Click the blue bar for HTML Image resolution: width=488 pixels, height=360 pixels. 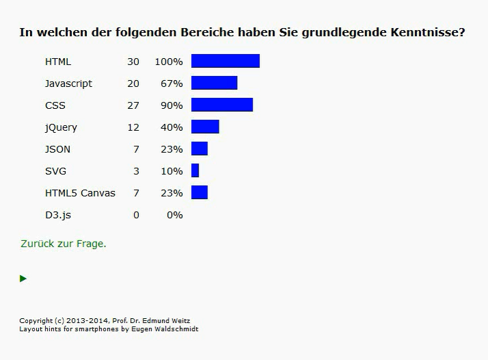(225, 61)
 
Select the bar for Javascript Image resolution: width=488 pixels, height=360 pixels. (214, 83)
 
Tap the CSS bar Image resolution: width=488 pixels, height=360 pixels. (222, 105)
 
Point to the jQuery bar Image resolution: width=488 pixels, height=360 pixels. (205, 127)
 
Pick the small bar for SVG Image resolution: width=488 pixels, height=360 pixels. (195, 170)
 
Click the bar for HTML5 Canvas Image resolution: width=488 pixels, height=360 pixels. (199, 192)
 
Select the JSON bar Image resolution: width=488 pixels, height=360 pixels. (199, 149)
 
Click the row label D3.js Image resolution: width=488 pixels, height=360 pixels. (58, 215)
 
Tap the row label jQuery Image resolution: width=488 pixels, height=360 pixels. (61, 127)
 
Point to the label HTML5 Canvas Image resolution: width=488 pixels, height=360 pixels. (80, 193)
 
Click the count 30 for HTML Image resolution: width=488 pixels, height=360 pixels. (133, 62)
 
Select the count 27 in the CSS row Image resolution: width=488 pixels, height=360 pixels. (133, 105)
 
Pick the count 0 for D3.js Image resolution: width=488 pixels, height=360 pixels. (136, 215)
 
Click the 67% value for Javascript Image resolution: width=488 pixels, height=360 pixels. (172, 83)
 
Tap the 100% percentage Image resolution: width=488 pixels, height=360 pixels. (168, 62)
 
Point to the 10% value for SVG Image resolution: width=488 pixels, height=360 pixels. (172, 171)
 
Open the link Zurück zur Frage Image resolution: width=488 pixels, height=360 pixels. (64, 244)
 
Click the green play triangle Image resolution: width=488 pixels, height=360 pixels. (23, 279)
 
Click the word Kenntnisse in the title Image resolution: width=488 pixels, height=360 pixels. (428, 32)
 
